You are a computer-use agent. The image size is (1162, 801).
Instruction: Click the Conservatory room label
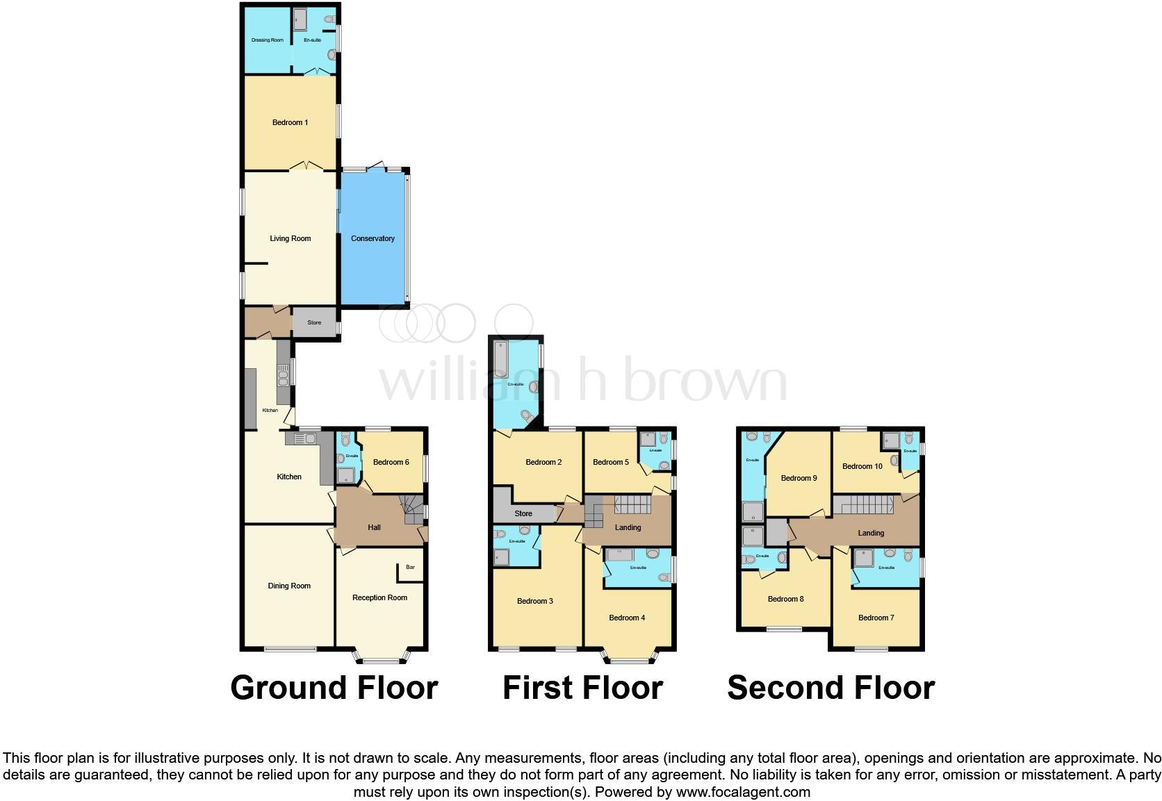[x=373, y=238]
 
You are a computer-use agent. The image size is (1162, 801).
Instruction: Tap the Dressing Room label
[x=268, y=40]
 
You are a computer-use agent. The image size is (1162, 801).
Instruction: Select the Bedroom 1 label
[x=290, y=123]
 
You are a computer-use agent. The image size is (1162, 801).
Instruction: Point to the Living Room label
[x=290, y=238]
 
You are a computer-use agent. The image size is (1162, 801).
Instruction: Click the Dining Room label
[x=289, y=586]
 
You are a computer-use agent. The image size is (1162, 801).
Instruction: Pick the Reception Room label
[x=379, y=597]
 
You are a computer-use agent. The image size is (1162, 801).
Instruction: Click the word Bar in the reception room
[x=410, y=568]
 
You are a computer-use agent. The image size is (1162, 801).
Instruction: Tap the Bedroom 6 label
[x=391, y=463]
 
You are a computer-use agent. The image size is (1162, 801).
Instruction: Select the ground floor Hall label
[x=374, y=527]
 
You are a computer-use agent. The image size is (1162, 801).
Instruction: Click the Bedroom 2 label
[x=543, y=463]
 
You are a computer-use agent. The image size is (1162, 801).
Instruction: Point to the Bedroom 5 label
[x=611, y=463]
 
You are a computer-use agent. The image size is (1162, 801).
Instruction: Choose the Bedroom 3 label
[x=535, y=601]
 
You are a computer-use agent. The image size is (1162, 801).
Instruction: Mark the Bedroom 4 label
[x=627, y=618]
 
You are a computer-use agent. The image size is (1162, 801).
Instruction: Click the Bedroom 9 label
[x=799, y=478]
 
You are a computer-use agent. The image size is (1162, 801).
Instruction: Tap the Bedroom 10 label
[x=862, y=466]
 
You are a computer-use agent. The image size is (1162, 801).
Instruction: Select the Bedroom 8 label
[x=786, y=599]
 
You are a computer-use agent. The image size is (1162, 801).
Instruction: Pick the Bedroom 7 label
[x=876, y=618]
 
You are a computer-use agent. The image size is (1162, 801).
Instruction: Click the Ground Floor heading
[x=334, y=688]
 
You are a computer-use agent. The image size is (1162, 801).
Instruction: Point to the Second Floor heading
[x=830, y=688]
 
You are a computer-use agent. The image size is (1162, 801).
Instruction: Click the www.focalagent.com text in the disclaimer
[x=743, y=792]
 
